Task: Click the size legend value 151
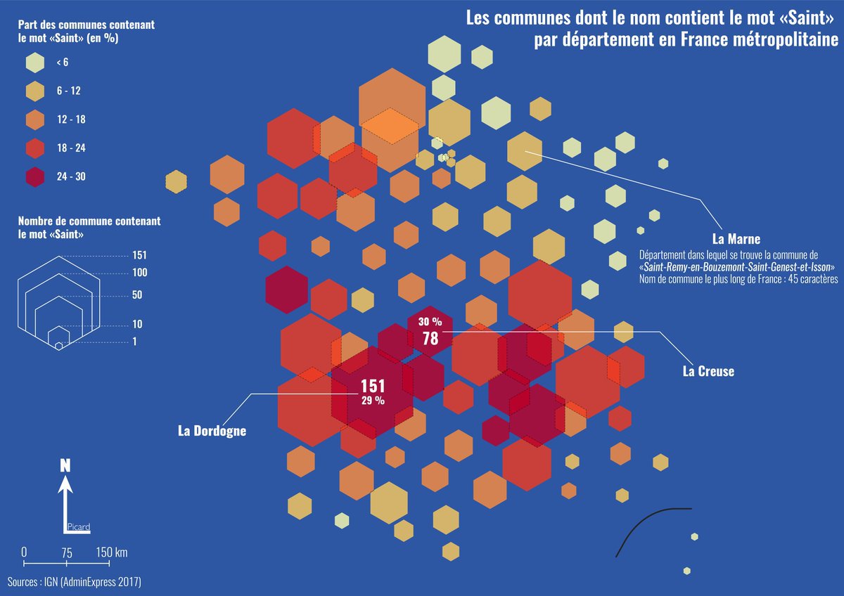pyautogui.click(x=139, y=255)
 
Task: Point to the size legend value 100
pyautogui.click(x=139, y=272)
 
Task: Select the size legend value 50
pyautogui.click(x=137, y=294)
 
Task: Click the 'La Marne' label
pyautogui.click(x=736, y=238)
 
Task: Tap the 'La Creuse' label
pyautogui.click(x=708, y=371)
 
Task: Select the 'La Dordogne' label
pyautogui.click(x=212, y=431)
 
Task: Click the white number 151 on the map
pyautogui.click(x=373, y=386)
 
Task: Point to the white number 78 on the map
pyautogui.click(x=430, y=339)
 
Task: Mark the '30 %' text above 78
pyautogui.click(x=430, y=322)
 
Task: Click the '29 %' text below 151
pyautogui.click(x=373, y=401)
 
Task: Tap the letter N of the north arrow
pyautogui.click(x=65, y=465)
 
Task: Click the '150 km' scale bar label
pyautogui.click(x=112, y=552)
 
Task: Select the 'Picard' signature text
pyautogui.click(x=79, y=526)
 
